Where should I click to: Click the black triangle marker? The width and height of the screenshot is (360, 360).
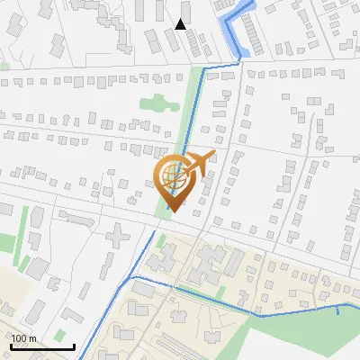181,24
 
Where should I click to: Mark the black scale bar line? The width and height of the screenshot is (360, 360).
41,346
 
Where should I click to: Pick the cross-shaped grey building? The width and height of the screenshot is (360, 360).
118,238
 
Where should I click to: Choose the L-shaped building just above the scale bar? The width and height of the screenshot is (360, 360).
36,310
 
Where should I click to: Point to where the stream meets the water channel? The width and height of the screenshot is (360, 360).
240,58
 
